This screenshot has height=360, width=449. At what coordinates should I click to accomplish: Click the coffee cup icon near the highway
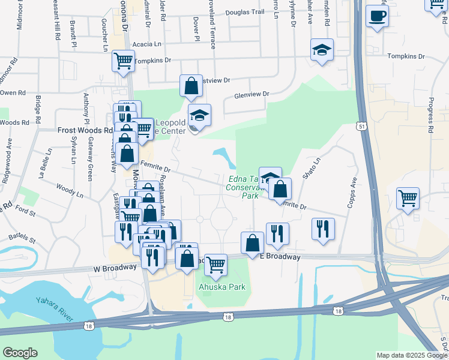[377, 16]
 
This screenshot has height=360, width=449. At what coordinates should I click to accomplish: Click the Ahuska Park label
[222, 287]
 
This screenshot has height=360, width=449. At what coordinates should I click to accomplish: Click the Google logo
[20, 353]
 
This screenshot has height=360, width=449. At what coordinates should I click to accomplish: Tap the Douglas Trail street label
[245, 12]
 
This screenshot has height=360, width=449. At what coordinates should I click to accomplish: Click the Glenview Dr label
[252, 94]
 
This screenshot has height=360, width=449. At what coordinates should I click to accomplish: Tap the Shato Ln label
[312, 169]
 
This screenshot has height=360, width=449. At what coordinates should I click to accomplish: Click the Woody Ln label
[70, 193]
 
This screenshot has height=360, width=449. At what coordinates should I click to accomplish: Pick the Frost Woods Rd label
[85, 130]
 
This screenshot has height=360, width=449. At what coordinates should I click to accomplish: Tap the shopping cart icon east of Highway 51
[408, 198]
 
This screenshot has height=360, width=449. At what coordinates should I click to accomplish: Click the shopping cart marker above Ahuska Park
[215, 264]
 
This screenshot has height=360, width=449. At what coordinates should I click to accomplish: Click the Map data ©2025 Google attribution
[411, 355]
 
